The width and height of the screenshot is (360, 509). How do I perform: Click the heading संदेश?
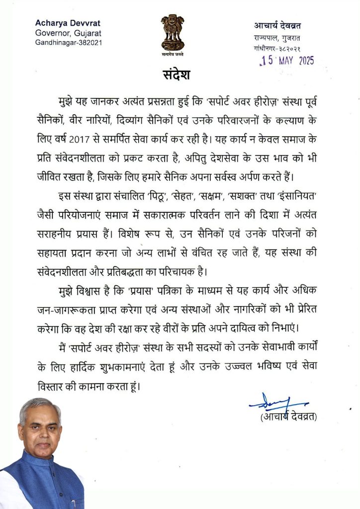(177, 76)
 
